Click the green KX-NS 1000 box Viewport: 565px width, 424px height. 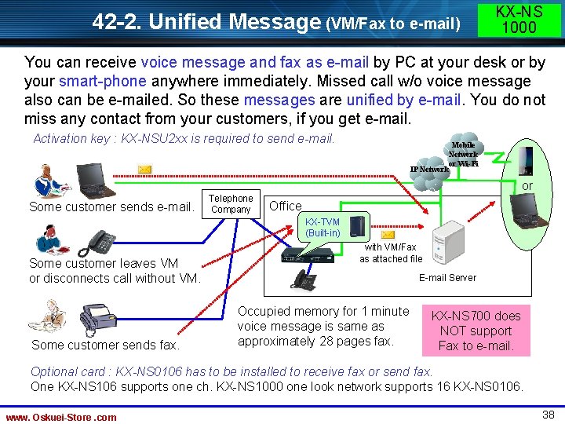[x=519, y=19]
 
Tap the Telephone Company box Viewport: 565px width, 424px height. [x=231, y=204]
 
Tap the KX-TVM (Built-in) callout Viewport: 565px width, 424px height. [x=323, y=228]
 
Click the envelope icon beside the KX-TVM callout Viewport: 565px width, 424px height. [x=388, y=234]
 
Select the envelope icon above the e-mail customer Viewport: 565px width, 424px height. [x=144, y=169]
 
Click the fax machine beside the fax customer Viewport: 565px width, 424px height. [x=98, y=319]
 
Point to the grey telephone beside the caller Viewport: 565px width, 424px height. [x=100, y=241]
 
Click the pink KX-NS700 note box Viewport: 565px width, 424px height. [x=476, y=331]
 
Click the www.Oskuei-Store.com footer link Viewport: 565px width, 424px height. [x=61, y=417]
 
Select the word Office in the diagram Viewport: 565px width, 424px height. [x=285, y=206]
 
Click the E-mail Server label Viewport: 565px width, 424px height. [x=447, y=277]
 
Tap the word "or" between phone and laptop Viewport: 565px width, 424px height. [x=527, y=186]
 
